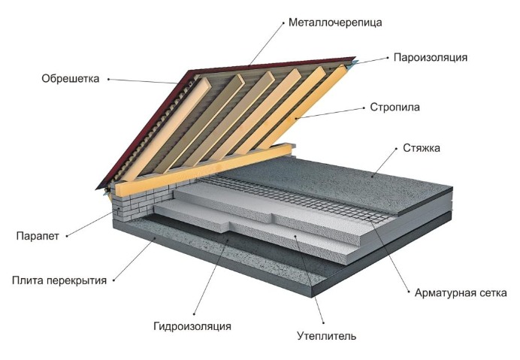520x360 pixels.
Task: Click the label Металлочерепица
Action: point(335,22)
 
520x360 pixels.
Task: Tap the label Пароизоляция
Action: point(431,57)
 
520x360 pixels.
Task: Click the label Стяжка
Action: point(421,148)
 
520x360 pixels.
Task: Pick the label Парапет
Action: point(37,236)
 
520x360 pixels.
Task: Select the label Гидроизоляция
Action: point(192,326)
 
